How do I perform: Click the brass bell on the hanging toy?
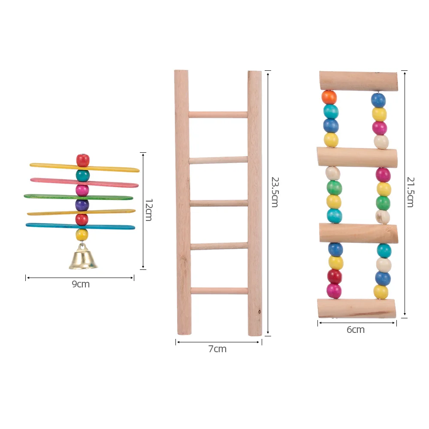[83, 257]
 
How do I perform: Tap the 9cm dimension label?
[81, 284]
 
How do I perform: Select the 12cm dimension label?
[148, 210]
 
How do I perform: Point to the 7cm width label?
[218, 349]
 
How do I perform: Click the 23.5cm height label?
[275, 192]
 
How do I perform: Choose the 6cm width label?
[356, 329]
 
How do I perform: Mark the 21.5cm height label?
[411, 192]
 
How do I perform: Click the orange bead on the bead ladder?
[329, 97]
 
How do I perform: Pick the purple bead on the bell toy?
[82, 205]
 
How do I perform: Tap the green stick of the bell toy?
[79, 197]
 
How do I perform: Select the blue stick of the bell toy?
[81, 226]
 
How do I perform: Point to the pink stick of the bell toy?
[84, 182]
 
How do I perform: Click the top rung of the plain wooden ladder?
[218, 115]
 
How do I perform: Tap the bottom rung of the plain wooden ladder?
[219, 291]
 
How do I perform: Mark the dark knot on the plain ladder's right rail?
[260, 311]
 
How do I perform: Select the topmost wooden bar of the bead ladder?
[358, 81]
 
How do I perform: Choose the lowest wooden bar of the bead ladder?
[356, 308]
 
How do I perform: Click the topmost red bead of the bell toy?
[83, 160]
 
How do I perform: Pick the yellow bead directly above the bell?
[82, 235]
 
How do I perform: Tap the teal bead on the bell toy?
[83, 175]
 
